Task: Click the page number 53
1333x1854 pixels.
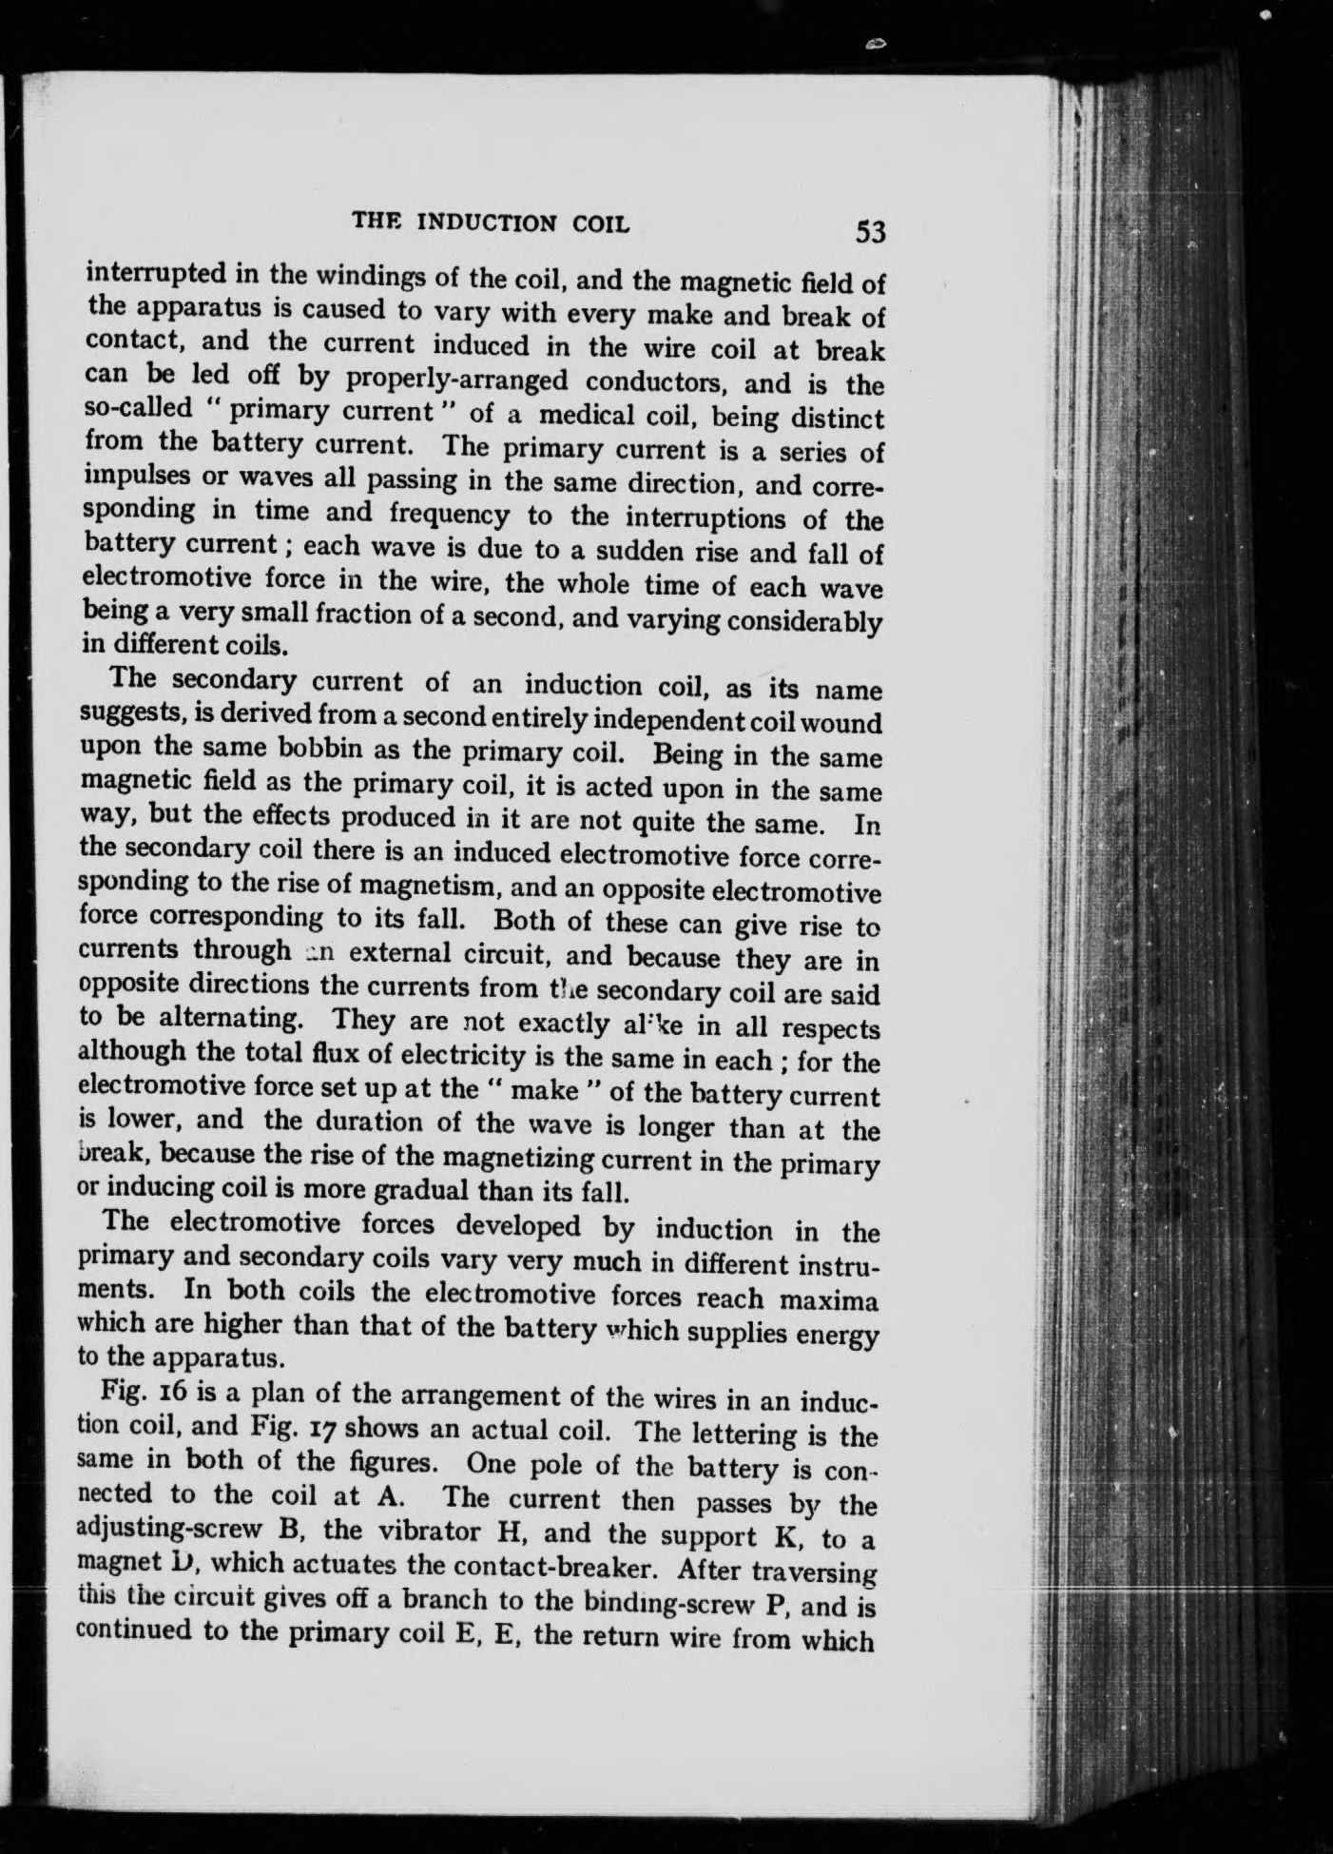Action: pos(870,232)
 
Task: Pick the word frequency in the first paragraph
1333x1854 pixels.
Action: pos(453,515)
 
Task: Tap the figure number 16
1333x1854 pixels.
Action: pos(173,1395)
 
